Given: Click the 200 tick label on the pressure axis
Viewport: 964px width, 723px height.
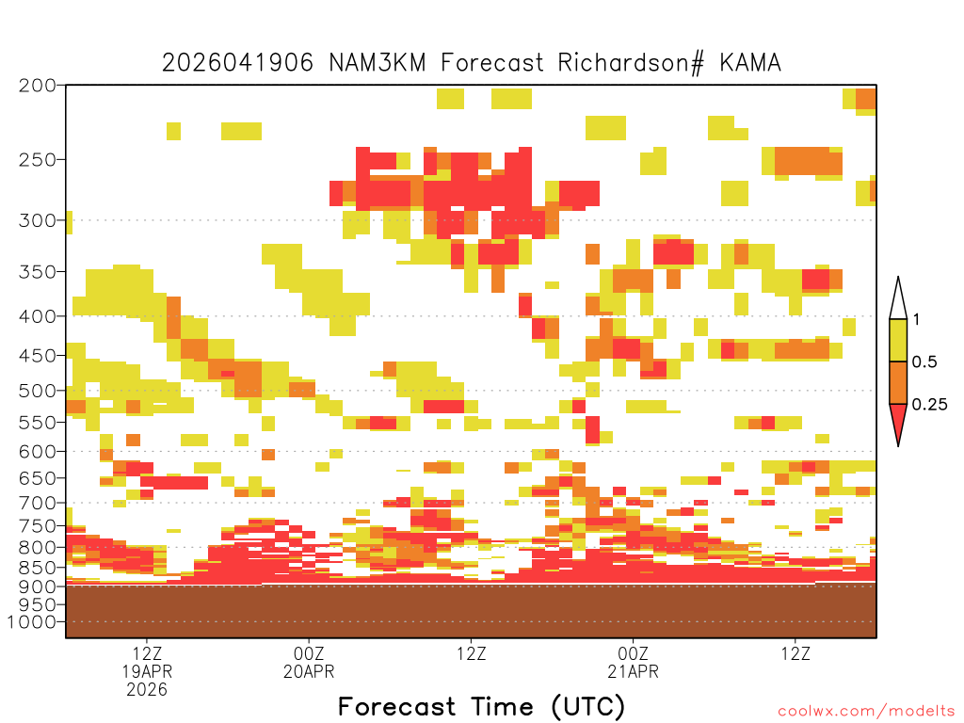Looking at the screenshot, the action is [x=38, y=86].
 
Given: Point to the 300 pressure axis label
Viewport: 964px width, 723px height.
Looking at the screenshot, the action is [x=38, y=220].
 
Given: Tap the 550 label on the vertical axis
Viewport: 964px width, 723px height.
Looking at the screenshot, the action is [x=38, y=423].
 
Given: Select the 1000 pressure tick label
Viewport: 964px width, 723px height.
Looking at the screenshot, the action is [x=32, y=622].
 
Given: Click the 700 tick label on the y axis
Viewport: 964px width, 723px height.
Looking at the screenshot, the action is [x=38, y=503].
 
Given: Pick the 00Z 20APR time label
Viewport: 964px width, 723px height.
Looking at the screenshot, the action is [x=309, y=662].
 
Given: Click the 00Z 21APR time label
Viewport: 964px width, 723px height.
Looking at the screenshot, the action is [x=634, y=662].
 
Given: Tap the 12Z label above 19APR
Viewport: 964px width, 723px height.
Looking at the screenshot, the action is [x=147, y=653].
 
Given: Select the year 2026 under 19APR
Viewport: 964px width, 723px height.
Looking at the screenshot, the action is [x=147, y=689].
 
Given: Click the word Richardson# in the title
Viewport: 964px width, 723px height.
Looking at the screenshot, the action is [x=631, y=63].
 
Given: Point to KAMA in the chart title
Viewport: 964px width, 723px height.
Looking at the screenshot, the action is [x=750, y=63].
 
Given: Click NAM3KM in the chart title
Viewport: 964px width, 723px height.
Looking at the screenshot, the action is [x=378, y=63].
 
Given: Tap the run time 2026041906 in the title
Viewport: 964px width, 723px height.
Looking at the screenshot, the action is [x=237, y=63].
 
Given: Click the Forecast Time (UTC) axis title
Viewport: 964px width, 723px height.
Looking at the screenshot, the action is [x=481, y=706].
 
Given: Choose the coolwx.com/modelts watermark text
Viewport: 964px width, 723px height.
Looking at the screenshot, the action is [x=866, y=712].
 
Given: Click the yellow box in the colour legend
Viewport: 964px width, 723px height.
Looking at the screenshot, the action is [x=898, y=340].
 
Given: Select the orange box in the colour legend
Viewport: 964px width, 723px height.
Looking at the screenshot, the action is [x=898, y=382].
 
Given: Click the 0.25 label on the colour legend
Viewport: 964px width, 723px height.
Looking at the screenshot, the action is [x=929, y=405].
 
